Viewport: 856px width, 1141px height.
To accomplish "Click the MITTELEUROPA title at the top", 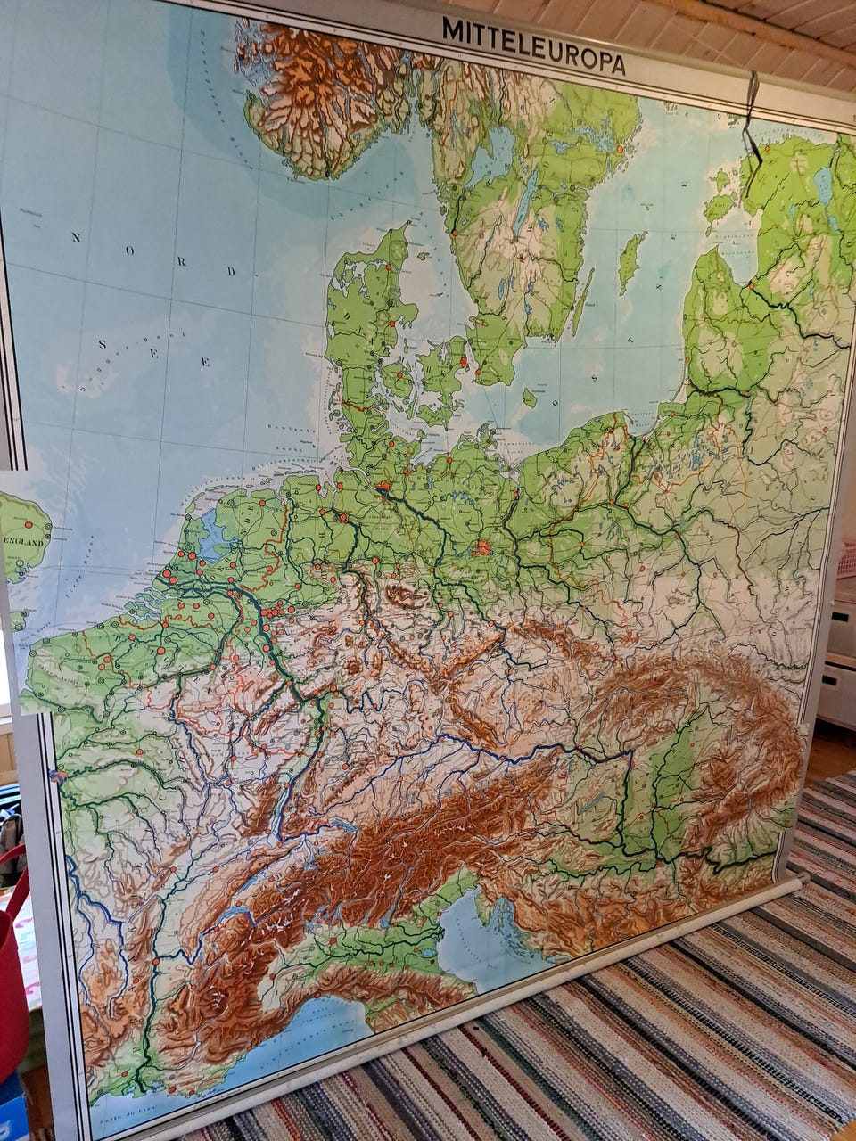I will [x=533, y=45].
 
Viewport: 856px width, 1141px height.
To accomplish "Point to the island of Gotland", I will [x=632, y=260].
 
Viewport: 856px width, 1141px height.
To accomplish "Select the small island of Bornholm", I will [x=530, y=398].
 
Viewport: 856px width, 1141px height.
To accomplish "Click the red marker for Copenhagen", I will [x=463, y=361].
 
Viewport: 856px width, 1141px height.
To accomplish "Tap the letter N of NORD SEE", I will [x=76, y=237].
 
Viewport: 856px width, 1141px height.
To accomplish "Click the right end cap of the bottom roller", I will [x=799, y=878].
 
